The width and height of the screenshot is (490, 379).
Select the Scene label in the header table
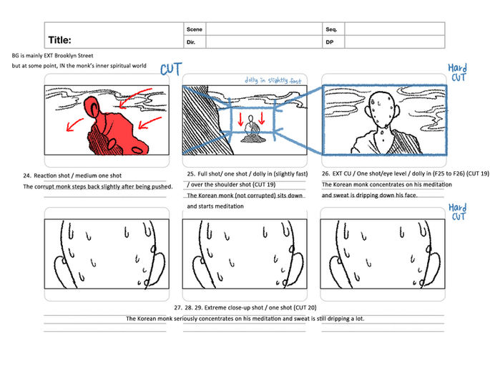194,29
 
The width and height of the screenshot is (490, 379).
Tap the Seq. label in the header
331,29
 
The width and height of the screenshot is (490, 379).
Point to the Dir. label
191,42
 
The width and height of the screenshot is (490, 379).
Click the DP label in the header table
330,42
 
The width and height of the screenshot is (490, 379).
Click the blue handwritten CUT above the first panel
170,69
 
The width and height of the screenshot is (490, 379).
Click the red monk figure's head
92,108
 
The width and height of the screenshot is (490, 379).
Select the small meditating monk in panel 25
251,131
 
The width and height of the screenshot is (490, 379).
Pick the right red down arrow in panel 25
263,117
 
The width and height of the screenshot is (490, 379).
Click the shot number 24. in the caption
28,176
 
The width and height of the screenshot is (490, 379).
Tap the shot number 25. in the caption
191,174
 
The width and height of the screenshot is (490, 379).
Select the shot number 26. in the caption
325,174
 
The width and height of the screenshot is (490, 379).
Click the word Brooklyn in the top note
65,56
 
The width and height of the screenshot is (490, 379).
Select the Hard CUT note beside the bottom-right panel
457,212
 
